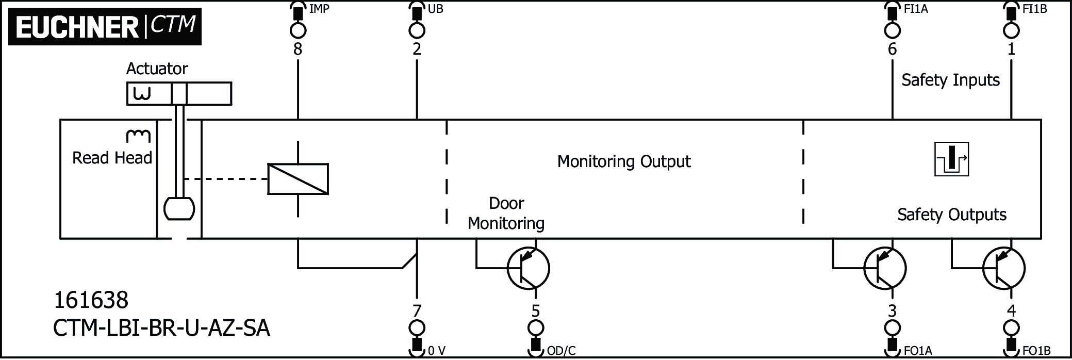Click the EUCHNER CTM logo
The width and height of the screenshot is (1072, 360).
(x=105, y=26)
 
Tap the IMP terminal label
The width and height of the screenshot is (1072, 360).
(x=319, y=9)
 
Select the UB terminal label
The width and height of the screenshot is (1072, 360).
(x=435, y=9)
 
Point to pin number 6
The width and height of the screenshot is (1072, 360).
(x=892, y=50)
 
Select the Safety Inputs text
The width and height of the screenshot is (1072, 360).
(x=950, y=80)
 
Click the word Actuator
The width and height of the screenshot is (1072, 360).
(x=157, y=69)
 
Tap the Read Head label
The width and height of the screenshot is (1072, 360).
(x=112, y=158)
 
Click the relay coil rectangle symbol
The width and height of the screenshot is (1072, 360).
(x=298, y=179)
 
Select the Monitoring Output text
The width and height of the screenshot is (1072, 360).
(x=623, y=161)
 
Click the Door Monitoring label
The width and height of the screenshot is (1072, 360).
(x=506, y=214)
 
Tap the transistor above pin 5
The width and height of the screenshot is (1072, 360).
(x=528, y=268)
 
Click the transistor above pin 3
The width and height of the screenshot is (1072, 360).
(x=885, y=268)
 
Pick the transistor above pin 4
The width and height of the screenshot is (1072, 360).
(x=1003, y=268)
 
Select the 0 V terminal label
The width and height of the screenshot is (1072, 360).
(x=436, y=351)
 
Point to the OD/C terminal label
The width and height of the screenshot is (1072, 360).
(x=560, y=351)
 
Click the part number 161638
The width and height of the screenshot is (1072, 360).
(x=91, y=300)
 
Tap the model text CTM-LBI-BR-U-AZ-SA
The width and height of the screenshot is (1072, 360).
(x=161, y=328)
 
